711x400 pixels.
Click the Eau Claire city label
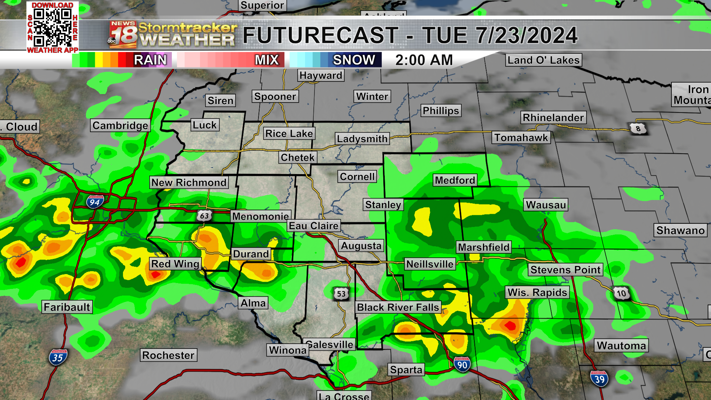pyautogui.click(x=314, y=226)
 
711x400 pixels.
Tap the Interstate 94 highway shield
pyautogui.click(x=95, y=202)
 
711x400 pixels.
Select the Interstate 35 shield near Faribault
pyautogui.click(x=58, y=357)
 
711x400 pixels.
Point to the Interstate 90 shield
pyautogui.click(x=462, y=365)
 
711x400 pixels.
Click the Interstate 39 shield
pyautogui.click(x=599, y=379)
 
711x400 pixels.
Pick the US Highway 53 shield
pyautogui.click(x=341, y=294)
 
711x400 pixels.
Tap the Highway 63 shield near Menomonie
pyautogui.click(x=204, y=216)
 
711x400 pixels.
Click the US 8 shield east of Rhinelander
pyautogui.click(x=638, y=129)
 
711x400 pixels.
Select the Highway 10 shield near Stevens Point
pyautogui.click(x=621, y=294)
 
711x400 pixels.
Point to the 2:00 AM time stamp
pyautogui.click(x=424, y=60)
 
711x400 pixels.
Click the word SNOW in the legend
pyautogui.click(x=354, y=60)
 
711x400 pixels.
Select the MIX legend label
pyautogui.click(x=267, y=60)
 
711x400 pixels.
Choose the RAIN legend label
pyautogui.click(x=150, y=60)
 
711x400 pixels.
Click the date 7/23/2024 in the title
pyautogui.click(x=527, y=36)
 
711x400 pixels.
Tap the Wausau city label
pyautogui.click(x=546, y=205)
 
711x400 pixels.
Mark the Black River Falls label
pyautogui.click(x=398, y=307)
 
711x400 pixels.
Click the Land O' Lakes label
pyautogui.click(x=543, y=60)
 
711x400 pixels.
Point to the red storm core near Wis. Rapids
pyautogui.click(x=510, y=326)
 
